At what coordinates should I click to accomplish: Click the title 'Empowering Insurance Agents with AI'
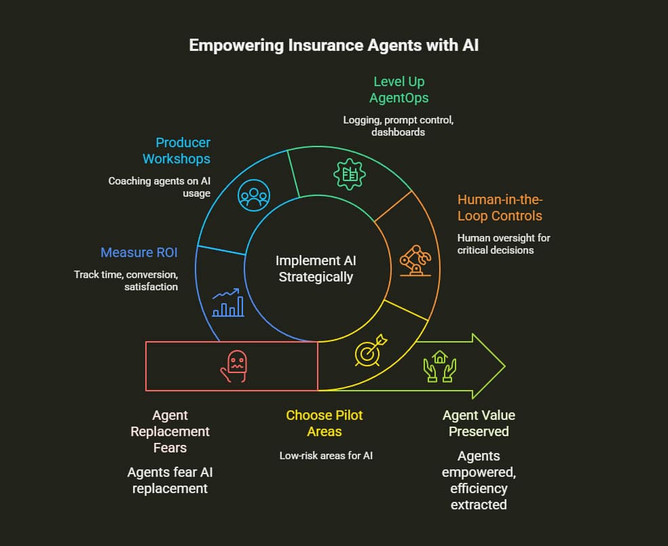tap(333, 45)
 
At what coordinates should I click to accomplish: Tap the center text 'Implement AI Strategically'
tap(316, 269)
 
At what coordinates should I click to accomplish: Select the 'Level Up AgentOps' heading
tap(399, 90)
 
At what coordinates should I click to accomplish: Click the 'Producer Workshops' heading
tap(177, 151)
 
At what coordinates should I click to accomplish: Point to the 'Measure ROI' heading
tap(139, 252)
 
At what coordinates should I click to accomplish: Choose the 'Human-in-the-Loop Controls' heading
tap(500, 208)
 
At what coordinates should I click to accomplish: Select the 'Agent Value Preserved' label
tap(479, 423)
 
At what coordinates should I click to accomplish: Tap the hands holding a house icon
tap(440, 367)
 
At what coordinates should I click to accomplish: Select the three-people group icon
tap(253, 196)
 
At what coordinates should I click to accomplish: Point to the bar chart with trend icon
tap(227, 304)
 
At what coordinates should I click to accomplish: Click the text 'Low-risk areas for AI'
tap(326, 455)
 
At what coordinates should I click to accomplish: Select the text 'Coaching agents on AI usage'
tap(160, 187)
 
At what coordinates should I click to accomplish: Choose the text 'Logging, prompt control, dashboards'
tap(398, 126)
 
